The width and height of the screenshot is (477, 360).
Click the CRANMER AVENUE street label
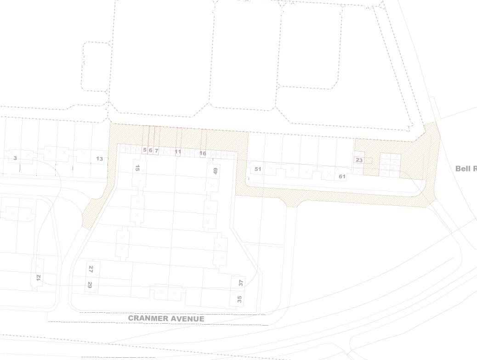point(166,318)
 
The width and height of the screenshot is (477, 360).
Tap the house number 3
point(15,158)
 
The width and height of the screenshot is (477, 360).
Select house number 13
point(99,159)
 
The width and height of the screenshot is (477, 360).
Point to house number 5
point(144,150)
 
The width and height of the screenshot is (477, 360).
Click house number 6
point(150,151)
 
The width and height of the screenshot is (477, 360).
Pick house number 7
point(156,151)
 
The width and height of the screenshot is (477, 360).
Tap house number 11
point(178,152)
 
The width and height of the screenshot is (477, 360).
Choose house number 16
point(203,153)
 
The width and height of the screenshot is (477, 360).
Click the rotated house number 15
point(137,168)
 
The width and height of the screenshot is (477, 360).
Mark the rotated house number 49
point(215,171)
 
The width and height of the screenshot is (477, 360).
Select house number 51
point(258,169)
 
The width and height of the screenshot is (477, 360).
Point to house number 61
point(342,176)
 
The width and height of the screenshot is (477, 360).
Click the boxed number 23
point(359,160)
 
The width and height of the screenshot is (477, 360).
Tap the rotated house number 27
point(91,269)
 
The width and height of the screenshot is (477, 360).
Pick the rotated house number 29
point(90,285)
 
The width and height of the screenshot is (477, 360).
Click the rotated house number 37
point(241,282)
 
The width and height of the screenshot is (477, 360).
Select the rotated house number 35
point(239,299)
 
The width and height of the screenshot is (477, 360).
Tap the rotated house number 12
point(39,277)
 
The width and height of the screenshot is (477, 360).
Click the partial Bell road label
point(466,169)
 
